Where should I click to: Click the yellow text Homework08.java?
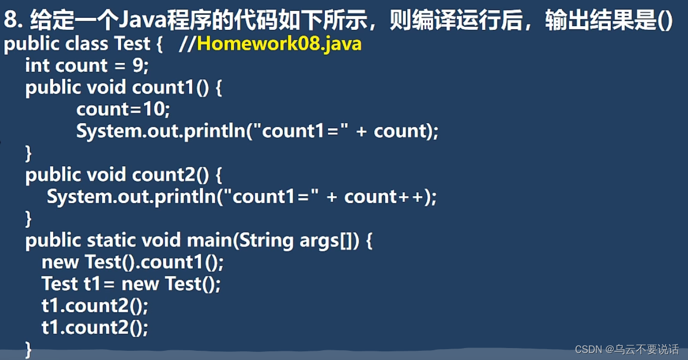[x=279, y=43]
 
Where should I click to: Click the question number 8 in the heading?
[x=10, y=21]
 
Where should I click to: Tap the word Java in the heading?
[x=137, y=21]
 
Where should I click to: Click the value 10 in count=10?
[x=155, y=109]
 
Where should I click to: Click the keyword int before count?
[x=37, y=66]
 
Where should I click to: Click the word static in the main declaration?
[x=111, y=241]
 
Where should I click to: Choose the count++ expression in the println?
[x=387, y=197]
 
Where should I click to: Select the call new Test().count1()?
[x=132, y=262]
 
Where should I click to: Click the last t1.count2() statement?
[x=94, y=327]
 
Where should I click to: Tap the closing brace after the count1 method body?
[x=28, y=153]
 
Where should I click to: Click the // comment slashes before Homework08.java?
[x=187, y=43]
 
